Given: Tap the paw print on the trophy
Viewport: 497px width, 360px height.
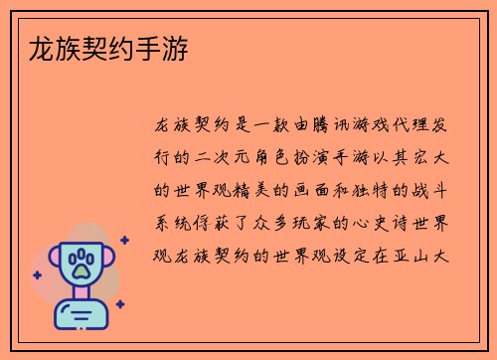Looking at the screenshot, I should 81,264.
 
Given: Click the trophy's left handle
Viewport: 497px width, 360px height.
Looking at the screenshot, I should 52,262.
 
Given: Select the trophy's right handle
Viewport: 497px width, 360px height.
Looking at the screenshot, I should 108,262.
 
